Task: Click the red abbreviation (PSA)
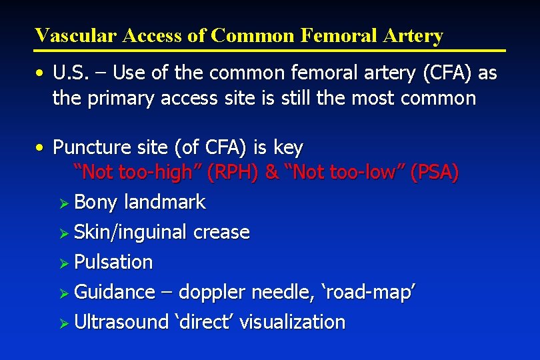[x=435, y=173]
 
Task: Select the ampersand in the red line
[x=271, y=173]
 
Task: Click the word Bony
[x=95, y=203]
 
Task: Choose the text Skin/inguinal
[x=131, y=233]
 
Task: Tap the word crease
[x=221, y=233]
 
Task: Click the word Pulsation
[x=113, y=262]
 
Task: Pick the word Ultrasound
[x=121, y=322]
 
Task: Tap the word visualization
[x=293, y=322]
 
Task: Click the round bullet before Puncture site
[x=41, y=147]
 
